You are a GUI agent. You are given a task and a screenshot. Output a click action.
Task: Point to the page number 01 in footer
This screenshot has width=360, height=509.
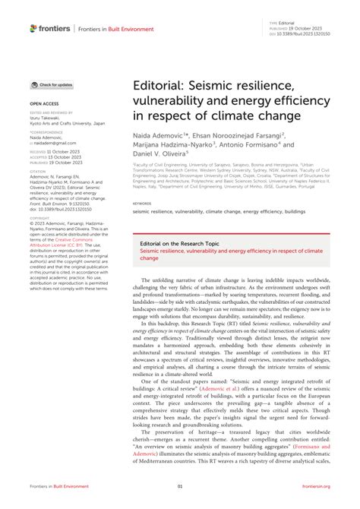pyautogui.click(x=180, y=486)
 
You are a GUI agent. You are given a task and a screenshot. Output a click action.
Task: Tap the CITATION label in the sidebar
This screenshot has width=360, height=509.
pyautogui.click(x=40, y=169)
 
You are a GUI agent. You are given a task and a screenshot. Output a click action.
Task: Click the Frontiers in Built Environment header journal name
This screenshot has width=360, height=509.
pyautogui.click(x=109, y=28)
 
